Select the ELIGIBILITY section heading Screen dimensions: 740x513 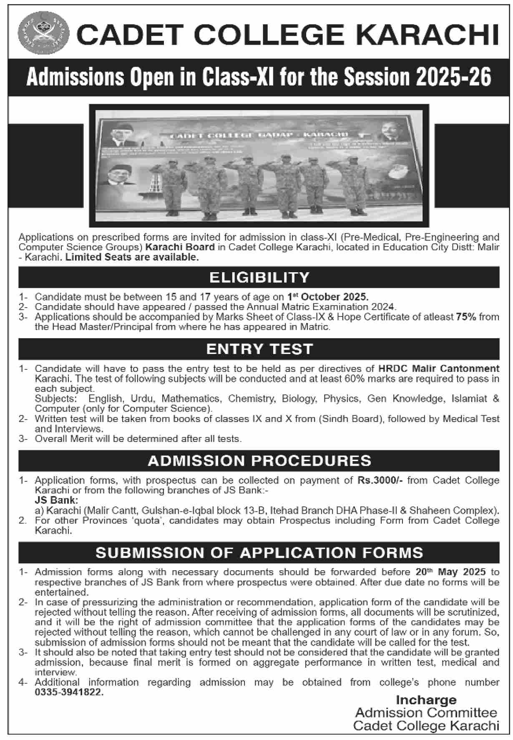pyautogui.click(x=259, y=277)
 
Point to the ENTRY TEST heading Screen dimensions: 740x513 pyautogui.click(x=259, y=349)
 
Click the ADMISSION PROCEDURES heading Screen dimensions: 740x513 pyautogui.click(x=259, y=461)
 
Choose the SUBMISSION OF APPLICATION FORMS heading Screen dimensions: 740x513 pyautogui.click(x=259, y=553)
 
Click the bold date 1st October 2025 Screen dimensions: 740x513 pyautogui.click(x=328, y=297)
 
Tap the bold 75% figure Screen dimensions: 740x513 pyautogui.click(x=466, y=317)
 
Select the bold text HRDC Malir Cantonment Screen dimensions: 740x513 pyautogui.click(x=439, y=369)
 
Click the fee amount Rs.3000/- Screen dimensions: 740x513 pyautogui.click(x=380, y=480)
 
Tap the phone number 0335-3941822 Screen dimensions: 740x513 pyautogui.click(x=69, y=692)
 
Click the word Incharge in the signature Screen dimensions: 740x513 pyautogui.click(x=426, y=700)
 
